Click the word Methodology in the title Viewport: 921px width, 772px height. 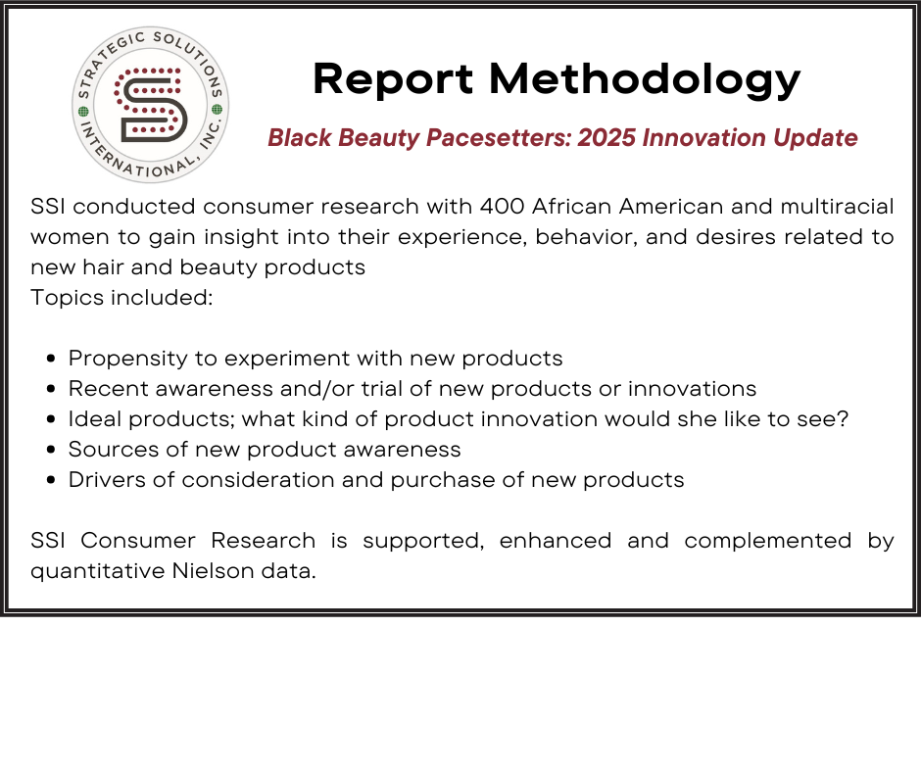coord(645,79)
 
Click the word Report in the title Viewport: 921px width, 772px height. coord(393,79)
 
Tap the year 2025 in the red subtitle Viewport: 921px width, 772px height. coord(606,137)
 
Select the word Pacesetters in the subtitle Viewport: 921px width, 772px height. coord(499,137)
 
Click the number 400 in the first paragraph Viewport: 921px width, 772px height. coord(503,207)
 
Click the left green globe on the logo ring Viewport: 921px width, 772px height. coord(83,111)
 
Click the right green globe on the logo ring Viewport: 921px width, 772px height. coord(217,110)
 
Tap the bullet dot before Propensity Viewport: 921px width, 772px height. coord(51,359)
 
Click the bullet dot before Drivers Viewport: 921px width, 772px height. coord(51,480)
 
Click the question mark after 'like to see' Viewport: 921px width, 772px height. coord(843,419)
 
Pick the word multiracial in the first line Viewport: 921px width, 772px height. coord(837,207)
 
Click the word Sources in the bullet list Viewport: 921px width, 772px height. coord(114,450)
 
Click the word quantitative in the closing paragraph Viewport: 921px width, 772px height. coord(98,571)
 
